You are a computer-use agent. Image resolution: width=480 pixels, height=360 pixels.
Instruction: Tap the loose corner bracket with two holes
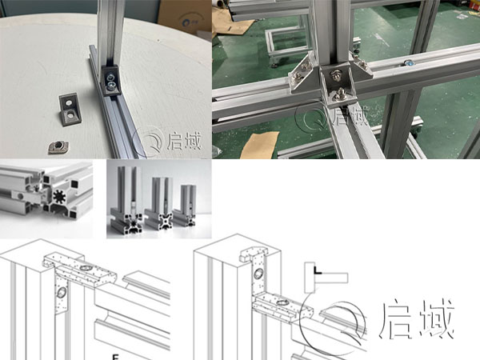coord(70,107)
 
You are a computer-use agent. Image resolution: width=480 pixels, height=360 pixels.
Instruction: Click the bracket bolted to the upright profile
coord(110,78)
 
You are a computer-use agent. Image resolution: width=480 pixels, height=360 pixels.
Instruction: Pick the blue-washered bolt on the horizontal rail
coord(409,62)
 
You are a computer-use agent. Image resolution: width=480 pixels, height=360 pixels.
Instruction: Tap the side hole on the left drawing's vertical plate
coord(60,294)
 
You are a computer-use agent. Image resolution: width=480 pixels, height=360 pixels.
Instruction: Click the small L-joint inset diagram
coord(326,279)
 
